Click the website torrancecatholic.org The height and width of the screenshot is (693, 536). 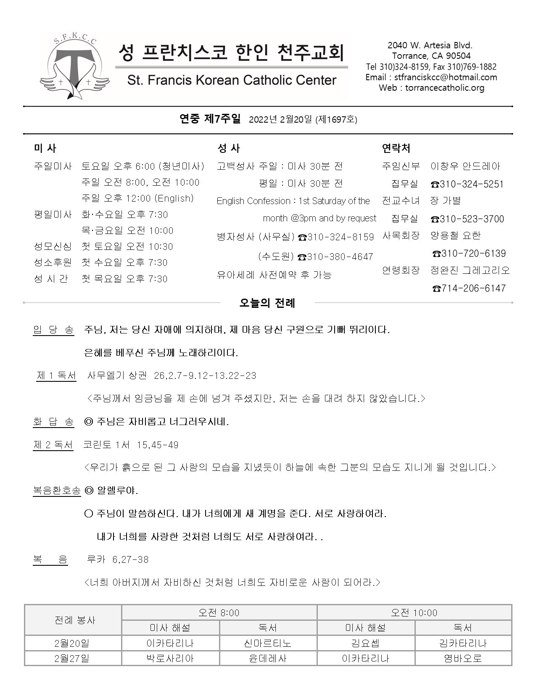click(x=444, y=88)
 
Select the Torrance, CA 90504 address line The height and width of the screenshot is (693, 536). click(x=431, y=56)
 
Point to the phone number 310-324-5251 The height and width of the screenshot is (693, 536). click(x=467, y=184)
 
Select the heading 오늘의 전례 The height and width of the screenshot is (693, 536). click(x=267, y=303)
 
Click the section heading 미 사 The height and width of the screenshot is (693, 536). click(x=45, y=148)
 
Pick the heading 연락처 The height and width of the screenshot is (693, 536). click(x=396, y=148)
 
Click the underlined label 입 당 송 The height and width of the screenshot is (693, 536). click(x=53, y=330)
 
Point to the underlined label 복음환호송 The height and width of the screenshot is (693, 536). click(x=57, y=491)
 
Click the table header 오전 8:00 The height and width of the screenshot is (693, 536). click(x=219, y=613)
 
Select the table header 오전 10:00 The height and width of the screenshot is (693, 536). click(x=414, y=613)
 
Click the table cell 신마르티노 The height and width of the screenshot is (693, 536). click(x=268, y=643)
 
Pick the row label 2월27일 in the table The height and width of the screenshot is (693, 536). click(x=72, y=658)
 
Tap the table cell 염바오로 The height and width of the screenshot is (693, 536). click(x=462, y=658)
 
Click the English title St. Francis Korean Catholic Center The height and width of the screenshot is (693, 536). click(x=232, y=80)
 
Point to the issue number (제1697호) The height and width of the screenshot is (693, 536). click(x=336, y=120)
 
